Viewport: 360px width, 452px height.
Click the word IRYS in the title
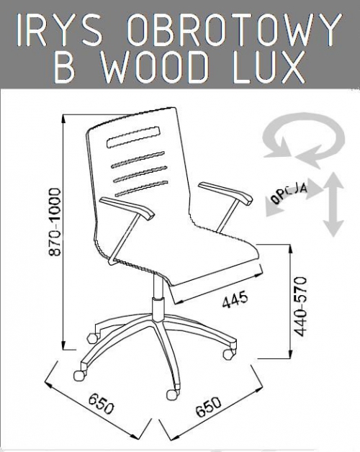coord(60,30)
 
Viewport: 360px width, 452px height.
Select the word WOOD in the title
coord(156,67)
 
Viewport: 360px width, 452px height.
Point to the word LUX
coord(269,67)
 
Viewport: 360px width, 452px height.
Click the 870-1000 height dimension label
coord(54,222)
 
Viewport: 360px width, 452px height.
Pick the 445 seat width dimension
coord(235,299)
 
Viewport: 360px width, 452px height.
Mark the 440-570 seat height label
coord(300,307)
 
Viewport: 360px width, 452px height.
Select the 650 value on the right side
coord(209,407)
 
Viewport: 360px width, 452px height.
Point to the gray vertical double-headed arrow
coord(333,204)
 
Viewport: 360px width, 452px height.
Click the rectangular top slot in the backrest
coord(133,137)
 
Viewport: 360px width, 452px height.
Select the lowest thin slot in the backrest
coord(142,189)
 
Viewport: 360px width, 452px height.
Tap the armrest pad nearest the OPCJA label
coord(225,193)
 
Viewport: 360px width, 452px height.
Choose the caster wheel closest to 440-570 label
coord(230,353)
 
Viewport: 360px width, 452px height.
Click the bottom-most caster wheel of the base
coord(173,394)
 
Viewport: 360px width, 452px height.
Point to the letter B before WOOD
coord(64,67)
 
